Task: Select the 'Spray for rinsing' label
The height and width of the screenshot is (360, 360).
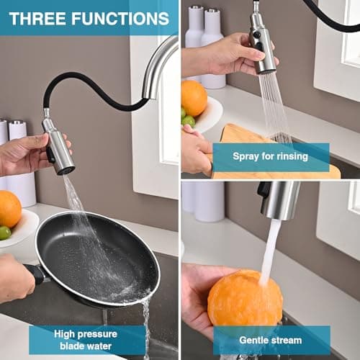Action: point(270,156)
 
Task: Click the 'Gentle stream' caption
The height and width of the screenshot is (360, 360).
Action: point(270,340)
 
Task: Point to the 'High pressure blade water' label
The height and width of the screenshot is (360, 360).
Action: point(89,340)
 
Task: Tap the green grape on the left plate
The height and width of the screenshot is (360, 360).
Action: point(5,233)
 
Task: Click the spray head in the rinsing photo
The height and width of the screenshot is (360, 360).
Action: point(262,47)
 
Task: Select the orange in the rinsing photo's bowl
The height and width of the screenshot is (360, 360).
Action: point(194,98)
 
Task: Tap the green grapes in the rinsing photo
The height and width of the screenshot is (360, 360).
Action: point(187,118)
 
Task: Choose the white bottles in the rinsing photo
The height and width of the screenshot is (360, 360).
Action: point(204,43)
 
